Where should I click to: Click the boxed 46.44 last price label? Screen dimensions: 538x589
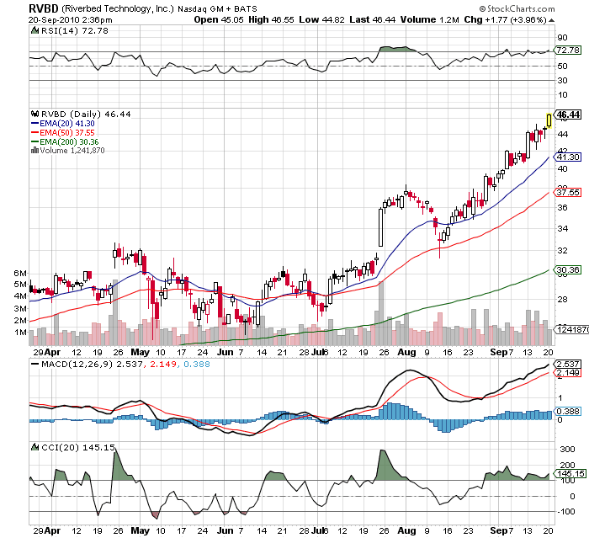coord(569,115)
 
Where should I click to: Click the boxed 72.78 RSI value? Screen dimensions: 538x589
coord(569,51)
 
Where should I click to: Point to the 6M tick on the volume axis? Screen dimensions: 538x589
coord(19,274)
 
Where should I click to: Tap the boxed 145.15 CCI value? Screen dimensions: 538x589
coord(569,474)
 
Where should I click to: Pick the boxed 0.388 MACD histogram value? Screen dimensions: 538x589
coord(569,411)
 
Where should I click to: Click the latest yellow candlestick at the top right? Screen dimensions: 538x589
coord(549,120)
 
